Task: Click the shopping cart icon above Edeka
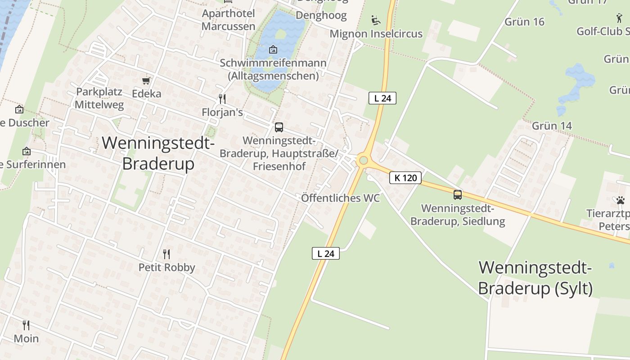(x=146, y=81)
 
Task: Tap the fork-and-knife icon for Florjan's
(x=222, y=99)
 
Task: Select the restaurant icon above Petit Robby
(x=166, y=254)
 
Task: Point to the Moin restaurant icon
(x=26, y=325)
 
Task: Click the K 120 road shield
(x=405, y=178)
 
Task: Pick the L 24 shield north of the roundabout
(x=382, y=98)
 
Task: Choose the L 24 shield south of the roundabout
(x=326, y=253)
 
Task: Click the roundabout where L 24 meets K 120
(x=363, y=161)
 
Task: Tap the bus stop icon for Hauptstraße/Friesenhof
(x=279, y=127)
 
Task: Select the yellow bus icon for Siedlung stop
(x=458, y=195)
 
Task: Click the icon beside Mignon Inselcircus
(x=375, y=20)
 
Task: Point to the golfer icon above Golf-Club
(x=619, y=18)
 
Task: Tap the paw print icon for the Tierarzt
(x=621, y=200)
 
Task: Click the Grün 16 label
(x=524, y=22)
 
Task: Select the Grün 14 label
(x=552, y=126)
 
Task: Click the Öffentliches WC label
(x=340, y=198)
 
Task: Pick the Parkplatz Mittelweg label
(x=99, y=98)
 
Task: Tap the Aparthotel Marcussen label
(x=228, y=20)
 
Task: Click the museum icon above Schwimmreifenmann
(x=273, y=49)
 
